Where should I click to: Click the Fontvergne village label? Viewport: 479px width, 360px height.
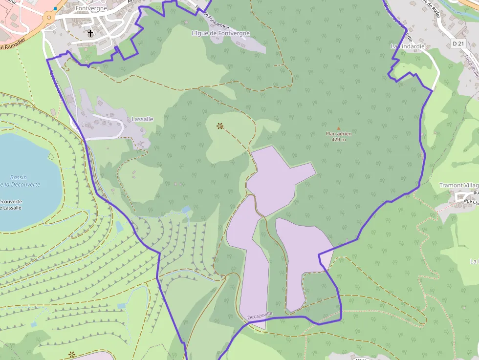91,8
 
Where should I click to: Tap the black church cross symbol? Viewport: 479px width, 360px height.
90,33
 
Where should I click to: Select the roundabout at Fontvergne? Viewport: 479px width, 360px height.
48,18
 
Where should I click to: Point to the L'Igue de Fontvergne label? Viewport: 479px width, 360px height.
221,33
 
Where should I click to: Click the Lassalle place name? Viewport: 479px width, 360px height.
142,119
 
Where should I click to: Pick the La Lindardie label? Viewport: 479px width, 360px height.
408,46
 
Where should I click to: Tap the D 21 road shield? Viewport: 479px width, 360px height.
458,43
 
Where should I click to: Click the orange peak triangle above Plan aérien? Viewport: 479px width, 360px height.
338,128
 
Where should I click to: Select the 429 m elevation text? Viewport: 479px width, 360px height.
339,140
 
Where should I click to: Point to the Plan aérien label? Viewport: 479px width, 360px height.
339,133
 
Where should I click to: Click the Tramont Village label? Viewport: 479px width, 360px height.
458,185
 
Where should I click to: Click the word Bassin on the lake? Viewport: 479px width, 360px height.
18,177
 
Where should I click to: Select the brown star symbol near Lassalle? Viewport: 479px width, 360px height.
220,126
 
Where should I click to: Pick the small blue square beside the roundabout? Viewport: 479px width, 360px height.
56,9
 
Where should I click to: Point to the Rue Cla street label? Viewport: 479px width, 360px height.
471,201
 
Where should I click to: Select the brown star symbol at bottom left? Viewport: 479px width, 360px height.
72,355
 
